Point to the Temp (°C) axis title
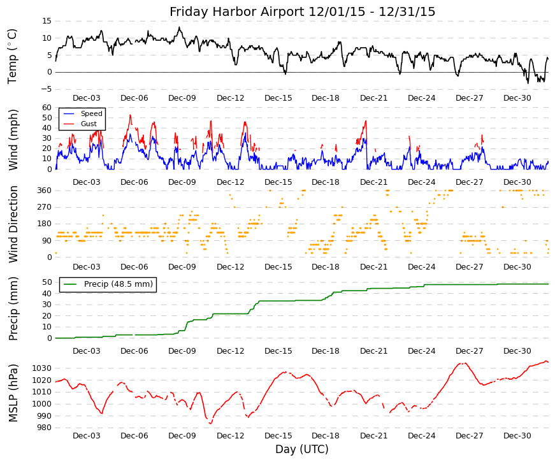pos(12,57)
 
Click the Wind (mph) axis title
pos(13,140)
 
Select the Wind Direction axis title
pos(13,224)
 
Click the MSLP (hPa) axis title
pos(13,393)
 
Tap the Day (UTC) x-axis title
pos(302,449)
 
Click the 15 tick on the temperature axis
pos(47,21)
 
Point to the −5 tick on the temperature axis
pos(46,89)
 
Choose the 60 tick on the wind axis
pos(47,108)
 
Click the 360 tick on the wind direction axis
pos(45,191)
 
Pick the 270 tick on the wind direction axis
pos(45,207)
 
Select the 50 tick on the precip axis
pos(47,282)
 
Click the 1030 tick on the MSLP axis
pos(42,368)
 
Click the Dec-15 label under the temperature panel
pos(278,98)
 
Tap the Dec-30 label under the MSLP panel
pos(517,436)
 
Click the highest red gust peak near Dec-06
pos(130,115)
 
